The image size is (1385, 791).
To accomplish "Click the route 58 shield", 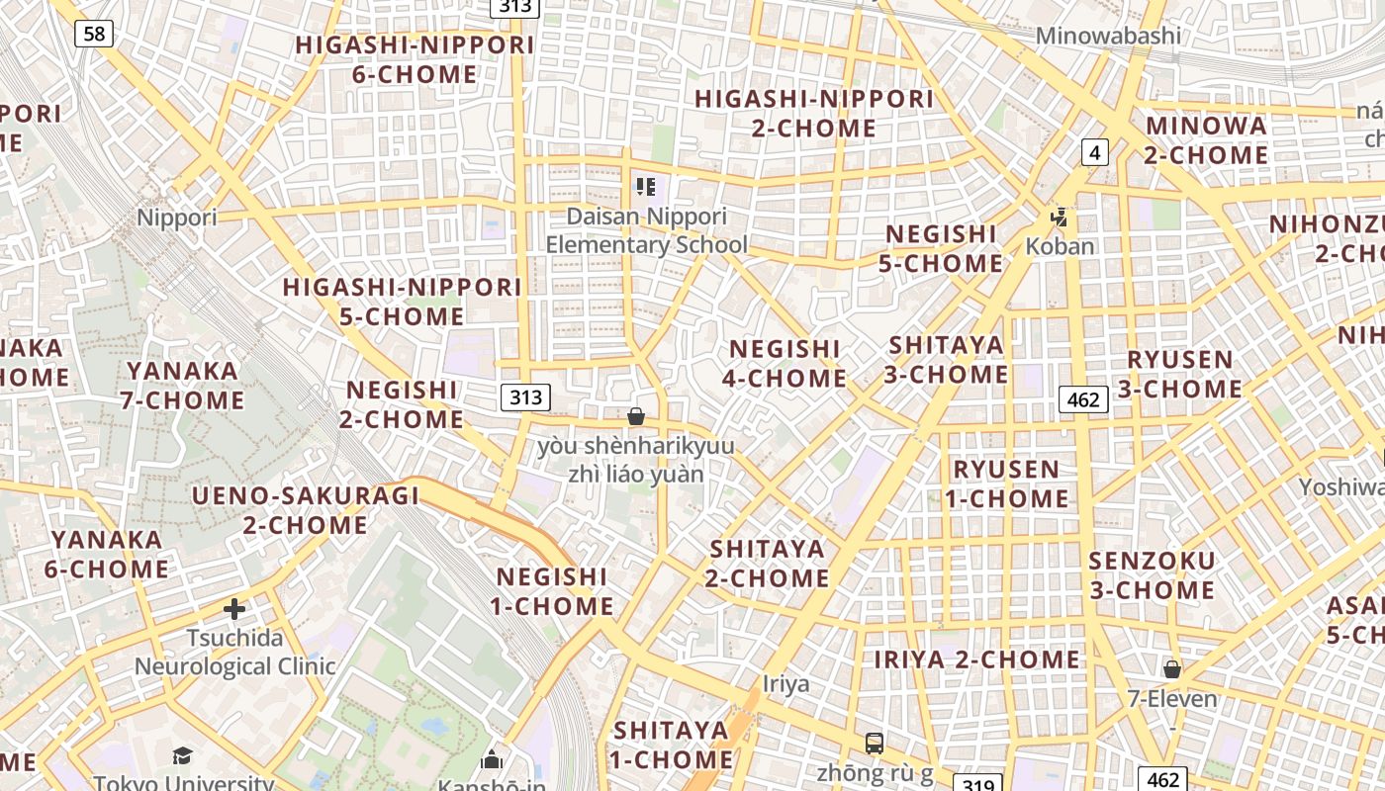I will coord(94,34).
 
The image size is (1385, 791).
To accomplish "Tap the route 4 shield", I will coord(1094,151).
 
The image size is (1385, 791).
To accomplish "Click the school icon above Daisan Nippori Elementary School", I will coord(646,186).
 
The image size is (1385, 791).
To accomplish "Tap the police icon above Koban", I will coord(1060,217).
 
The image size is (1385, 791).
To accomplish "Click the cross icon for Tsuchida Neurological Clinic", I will coord(234,608).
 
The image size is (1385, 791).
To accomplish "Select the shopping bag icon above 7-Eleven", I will coord(1172,669).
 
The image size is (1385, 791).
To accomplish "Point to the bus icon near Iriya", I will coord(874,743).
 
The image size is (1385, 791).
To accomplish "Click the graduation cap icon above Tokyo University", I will coord(183,756).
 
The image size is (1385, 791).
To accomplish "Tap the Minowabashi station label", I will coord(1108,36).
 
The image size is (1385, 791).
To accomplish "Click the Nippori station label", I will coord(177,218).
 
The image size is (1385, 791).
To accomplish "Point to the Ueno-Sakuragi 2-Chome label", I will coord(306,509).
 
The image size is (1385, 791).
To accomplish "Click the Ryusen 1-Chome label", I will coord(1006,483).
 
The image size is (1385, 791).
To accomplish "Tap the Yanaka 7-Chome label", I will coord(183,386).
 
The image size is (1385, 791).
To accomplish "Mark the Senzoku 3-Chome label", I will coord(1152,575).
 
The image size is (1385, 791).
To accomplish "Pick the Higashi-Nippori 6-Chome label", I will coord(415,59).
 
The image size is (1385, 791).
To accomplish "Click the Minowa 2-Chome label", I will coord(1206,140).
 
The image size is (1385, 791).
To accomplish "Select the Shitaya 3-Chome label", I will coord(947,360).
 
